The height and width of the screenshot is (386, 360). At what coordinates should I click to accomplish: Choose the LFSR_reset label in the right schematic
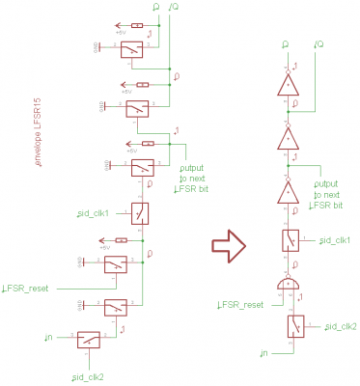[241, 304]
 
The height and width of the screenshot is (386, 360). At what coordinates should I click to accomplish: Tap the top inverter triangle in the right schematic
[288, 87]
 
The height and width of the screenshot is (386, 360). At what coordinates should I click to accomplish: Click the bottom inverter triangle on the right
[288, 193]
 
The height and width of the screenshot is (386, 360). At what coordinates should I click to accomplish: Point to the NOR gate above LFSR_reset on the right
[287, 284]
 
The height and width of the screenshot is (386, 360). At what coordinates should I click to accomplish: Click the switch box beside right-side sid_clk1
[289, 239]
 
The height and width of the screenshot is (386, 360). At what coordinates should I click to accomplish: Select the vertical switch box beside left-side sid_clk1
[141, 212]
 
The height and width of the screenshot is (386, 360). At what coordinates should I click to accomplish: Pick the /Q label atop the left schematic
[173, 9]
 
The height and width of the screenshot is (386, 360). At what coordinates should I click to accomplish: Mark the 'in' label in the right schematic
[263, 355]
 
